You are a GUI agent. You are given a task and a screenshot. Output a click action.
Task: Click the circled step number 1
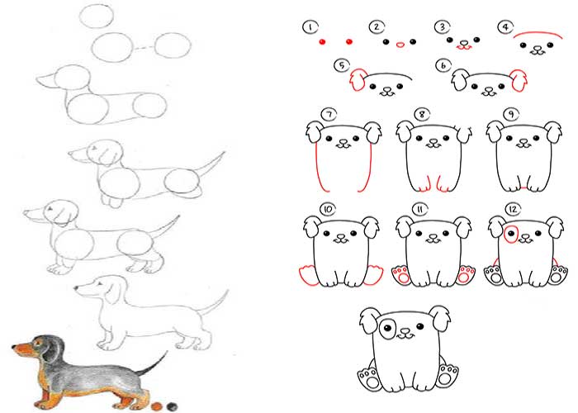[x=310, y=27]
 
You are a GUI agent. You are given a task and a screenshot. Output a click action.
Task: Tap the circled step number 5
[x=342, y=65]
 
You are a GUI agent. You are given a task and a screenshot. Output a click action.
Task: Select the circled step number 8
[x=422, y=114]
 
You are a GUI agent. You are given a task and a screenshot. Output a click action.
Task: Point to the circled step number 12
[x=513, y=210]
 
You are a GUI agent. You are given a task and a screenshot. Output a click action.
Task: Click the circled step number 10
[x=327, y=210]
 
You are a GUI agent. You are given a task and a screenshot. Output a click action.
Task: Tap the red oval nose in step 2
[x=400, y=45]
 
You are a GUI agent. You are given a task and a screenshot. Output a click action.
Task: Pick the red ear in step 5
[x=358, y=80]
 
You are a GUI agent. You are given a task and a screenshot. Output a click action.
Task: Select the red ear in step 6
[x=519, y=80]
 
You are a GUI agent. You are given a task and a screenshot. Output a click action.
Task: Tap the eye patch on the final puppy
[x=387, y=327]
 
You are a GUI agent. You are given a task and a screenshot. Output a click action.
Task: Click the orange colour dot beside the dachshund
[x=157, y=406]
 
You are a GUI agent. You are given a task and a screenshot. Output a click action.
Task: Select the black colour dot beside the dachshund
[x=172, y=406]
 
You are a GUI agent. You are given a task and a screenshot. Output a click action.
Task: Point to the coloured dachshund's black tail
[x=152, y=364]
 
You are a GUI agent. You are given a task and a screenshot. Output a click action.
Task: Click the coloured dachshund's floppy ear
[x=53, y=349]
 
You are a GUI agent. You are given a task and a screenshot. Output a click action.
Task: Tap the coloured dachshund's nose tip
[x=14, y=347]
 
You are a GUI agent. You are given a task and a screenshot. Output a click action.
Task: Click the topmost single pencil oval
[x=97, y=17]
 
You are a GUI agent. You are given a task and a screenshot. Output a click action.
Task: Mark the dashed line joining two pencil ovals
[x=144, y=48]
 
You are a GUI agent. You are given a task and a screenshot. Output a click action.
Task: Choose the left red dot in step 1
[x=322, y=42]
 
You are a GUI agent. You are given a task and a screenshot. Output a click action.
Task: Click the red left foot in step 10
[x=309, y=276]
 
